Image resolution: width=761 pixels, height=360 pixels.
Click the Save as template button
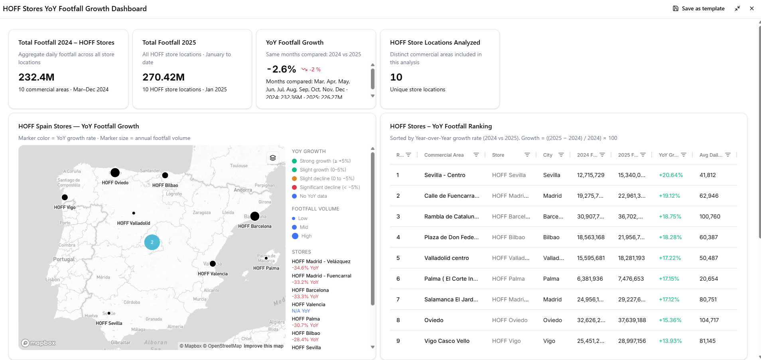click(699, 8)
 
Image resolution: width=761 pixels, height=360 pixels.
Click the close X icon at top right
click(752, 8)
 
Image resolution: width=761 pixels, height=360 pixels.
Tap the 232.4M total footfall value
click(36, 77)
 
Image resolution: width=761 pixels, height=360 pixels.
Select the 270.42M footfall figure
click(164, 77)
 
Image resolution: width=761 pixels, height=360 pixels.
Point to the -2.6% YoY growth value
click(281, 69)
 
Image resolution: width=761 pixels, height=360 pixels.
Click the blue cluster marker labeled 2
click(152, 242)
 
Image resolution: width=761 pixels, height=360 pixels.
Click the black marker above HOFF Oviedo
click(115, 173)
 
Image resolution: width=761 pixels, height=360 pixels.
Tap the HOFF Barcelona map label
click(255, 226)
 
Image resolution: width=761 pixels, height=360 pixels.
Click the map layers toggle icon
click(273, 158)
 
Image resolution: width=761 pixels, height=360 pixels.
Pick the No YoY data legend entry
click(313, 196)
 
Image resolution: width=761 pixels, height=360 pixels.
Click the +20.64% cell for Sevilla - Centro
click(671, 175)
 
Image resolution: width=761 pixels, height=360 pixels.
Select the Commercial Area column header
click(444, 155)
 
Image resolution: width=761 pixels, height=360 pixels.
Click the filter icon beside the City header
click(561, 155)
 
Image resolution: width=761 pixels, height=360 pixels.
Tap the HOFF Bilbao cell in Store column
click(509, 237)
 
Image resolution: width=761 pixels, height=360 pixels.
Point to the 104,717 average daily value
click(709, 320)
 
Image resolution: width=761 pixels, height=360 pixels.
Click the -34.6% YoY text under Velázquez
click(305, 268)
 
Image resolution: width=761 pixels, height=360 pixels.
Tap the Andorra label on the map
click(243, 190)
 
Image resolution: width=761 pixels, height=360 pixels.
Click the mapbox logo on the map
click(38, 343)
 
